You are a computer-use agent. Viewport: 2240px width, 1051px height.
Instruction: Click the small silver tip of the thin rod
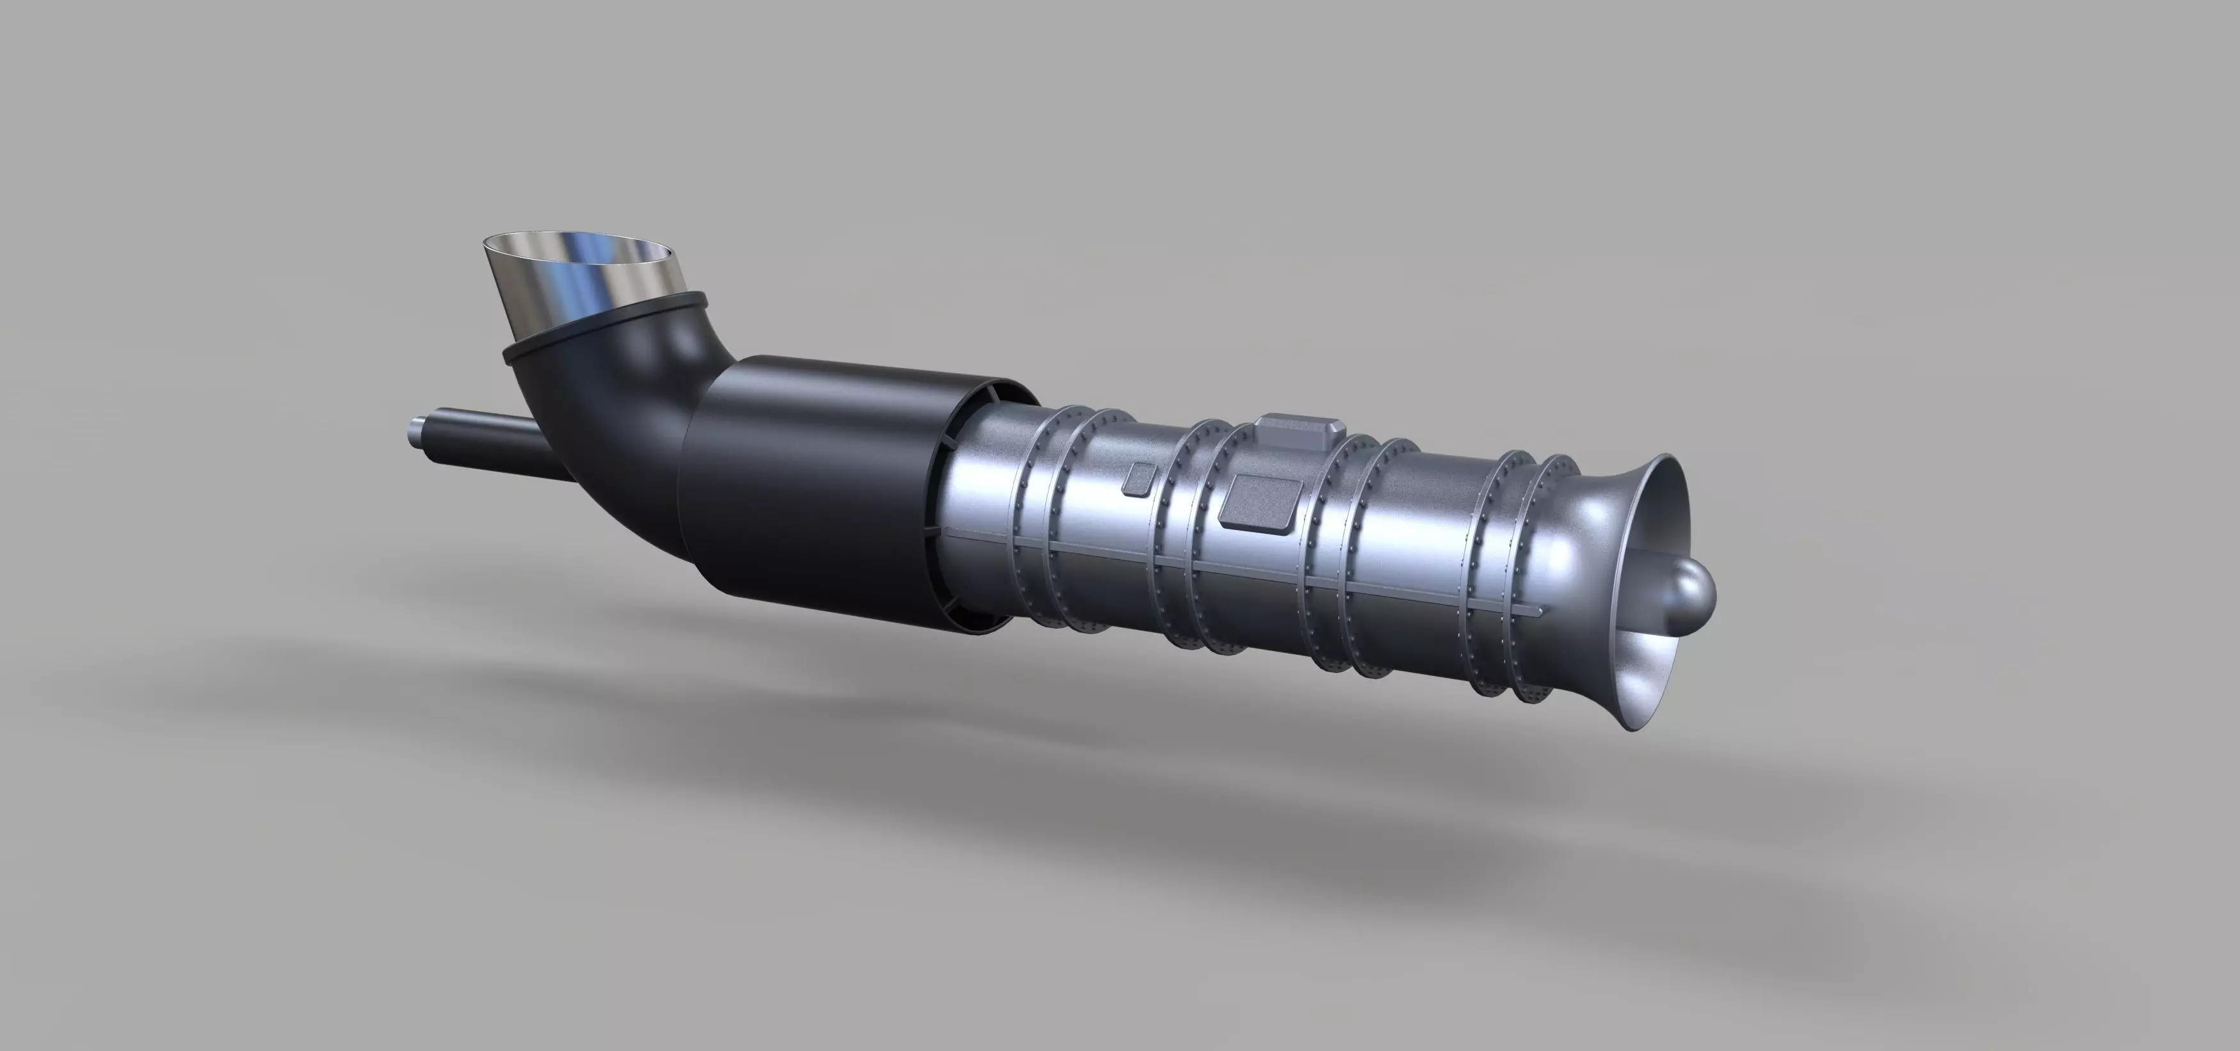(x=415, y=431)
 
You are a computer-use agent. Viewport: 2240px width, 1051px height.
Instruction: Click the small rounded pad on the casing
(x=1138, y=479)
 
